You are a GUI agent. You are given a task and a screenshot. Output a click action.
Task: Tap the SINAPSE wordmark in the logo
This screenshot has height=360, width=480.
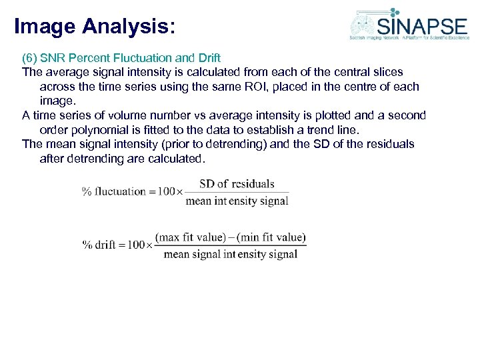[x=421, y=25]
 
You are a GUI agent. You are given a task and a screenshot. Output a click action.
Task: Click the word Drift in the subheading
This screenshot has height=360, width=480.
[x=207, y=57]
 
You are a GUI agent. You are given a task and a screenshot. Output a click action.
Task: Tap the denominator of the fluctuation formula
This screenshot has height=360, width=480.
[x=237, y=201]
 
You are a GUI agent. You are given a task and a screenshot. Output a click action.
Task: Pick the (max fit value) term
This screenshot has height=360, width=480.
[x=189, y=237]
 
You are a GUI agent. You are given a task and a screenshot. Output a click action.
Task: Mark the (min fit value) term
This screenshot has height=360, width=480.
[x=271, y=237]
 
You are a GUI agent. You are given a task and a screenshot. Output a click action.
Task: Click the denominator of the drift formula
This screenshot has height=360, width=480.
[x=230, y=254]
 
